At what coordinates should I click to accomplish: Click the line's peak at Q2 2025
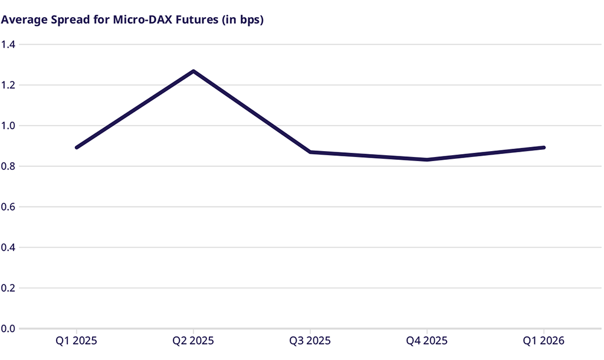pos(193,71)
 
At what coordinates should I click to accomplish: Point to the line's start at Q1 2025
pos(77,148)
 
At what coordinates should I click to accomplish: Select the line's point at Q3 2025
pos(310,152)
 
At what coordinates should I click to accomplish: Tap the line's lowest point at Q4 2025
pos(427,160)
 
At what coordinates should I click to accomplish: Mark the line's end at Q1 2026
pos(543,148)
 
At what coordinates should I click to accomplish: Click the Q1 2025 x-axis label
pos(77,341)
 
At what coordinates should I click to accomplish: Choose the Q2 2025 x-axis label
pos(193,341)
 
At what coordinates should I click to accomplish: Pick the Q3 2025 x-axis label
pos(310,341)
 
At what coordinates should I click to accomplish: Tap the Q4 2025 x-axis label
pos(427,341)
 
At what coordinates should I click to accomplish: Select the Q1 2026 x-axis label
pos(544,341)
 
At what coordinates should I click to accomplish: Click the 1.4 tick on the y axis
pos(8,44)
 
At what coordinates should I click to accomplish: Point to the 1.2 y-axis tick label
pos(8,85)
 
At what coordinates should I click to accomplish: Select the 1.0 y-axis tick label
pos(8,126)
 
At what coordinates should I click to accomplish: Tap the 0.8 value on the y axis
pos(8,166)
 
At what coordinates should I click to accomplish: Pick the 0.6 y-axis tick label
pos(8,207)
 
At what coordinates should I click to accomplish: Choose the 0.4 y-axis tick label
pos(8,247)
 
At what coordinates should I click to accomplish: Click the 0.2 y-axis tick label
pos(8,288)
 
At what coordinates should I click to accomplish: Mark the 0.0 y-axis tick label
pos(8,329)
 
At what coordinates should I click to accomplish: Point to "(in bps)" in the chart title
pos(242,20)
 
